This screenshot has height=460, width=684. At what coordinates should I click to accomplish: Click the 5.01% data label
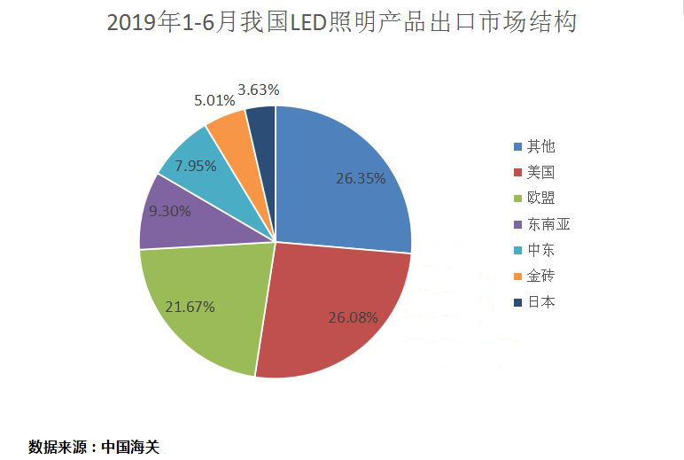click(x=214, y=100)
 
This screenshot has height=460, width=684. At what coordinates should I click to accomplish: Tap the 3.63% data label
click(x=259, y=89)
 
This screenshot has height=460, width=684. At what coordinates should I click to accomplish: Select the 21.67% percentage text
click(x=190, y=307)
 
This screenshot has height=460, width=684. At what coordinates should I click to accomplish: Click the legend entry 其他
click(x=540, y=146)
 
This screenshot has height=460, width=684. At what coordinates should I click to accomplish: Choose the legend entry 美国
click(x=540, y=172)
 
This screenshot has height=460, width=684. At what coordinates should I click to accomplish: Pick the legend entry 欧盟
click(x=540, y=198)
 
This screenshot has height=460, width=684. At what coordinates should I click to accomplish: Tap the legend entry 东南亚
click(x=546, y=224)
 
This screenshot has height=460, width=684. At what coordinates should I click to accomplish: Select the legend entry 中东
click(x=540, y=250)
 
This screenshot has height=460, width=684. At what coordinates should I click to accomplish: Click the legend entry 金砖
click(x=540, y=276)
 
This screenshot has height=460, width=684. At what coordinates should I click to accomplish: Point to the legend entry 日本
click(x=540, y=302)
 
